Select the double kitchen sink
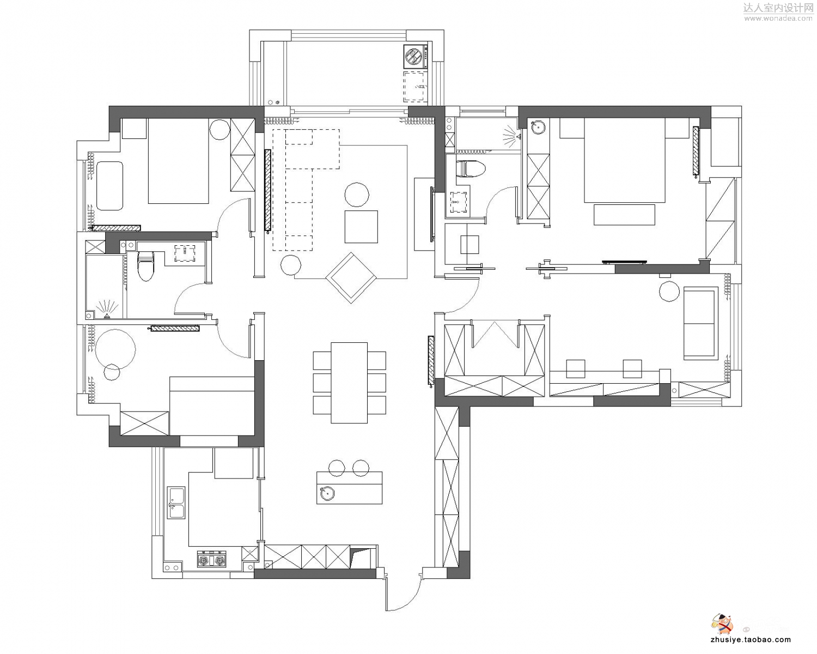[x=176, y=502]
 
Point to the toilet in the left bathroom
[x=145, y=265]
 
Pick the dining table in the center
[x=349, y=383]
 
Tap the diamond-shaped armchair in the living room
[x=351, y=278]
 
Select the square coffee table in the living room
[x=361, y=227]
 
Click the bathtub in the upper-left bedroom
[x=109, y=186]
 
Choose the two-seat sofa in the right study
[x=701, y=323]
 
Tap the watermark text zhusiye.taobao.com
[x=751, y=640]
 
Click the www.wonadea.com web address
[x=778, y=18]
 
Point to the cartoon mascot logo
[x=722, y=623]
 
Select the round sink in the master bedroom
[x=538, y=127]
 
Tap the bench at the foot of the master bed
[x=625, y=215]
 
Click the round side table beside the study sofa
[x=669, y=292]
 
